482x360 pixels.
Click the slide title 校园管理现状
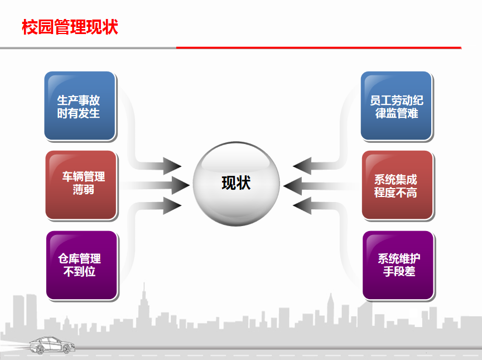[x=70, y=27]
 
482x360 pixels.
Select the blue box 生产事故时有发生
[x=80, y=106]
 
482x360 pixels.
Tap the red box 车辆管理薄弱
[x=81, y=185]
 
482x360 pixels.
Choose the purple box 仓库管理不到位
[x=82, y=265]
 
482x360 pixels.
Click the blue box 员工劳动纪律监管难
[x=397, y=106]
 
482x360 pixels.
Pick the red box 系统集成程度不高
[x=397, y=185]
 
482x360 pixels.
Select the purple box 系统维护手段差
[x=398, y=265]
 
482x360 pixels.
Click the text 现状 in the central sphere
[x=236, y=183]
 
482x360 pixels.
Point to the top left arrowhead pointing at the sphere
[x=172, y=166]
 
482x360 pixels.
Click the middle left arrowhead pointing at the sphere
[x=181, y=185]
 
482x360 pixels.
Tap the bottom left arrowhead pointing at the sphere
[x=172, y=205]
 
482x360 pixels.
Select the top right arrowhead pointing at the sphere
[x=302, y=166]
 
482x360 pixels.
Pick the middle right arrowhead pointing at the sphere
[x=292, y=186]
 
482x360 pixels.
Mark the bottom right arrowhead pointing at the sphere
[x=302, y=205]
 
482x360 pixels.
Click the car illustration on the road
[x=52, y=345]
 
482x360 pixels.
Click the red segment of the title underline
[x=319, y=47]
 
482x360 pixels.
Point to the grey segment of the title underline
[x=88, y=48]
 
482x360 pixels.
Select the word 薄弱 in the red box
[x=84, y=190]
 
